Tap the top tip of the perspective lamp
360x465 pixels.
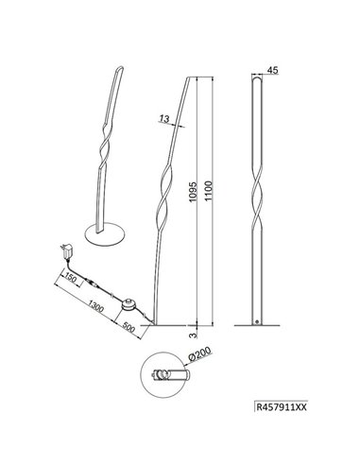(x=118, y=67)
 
